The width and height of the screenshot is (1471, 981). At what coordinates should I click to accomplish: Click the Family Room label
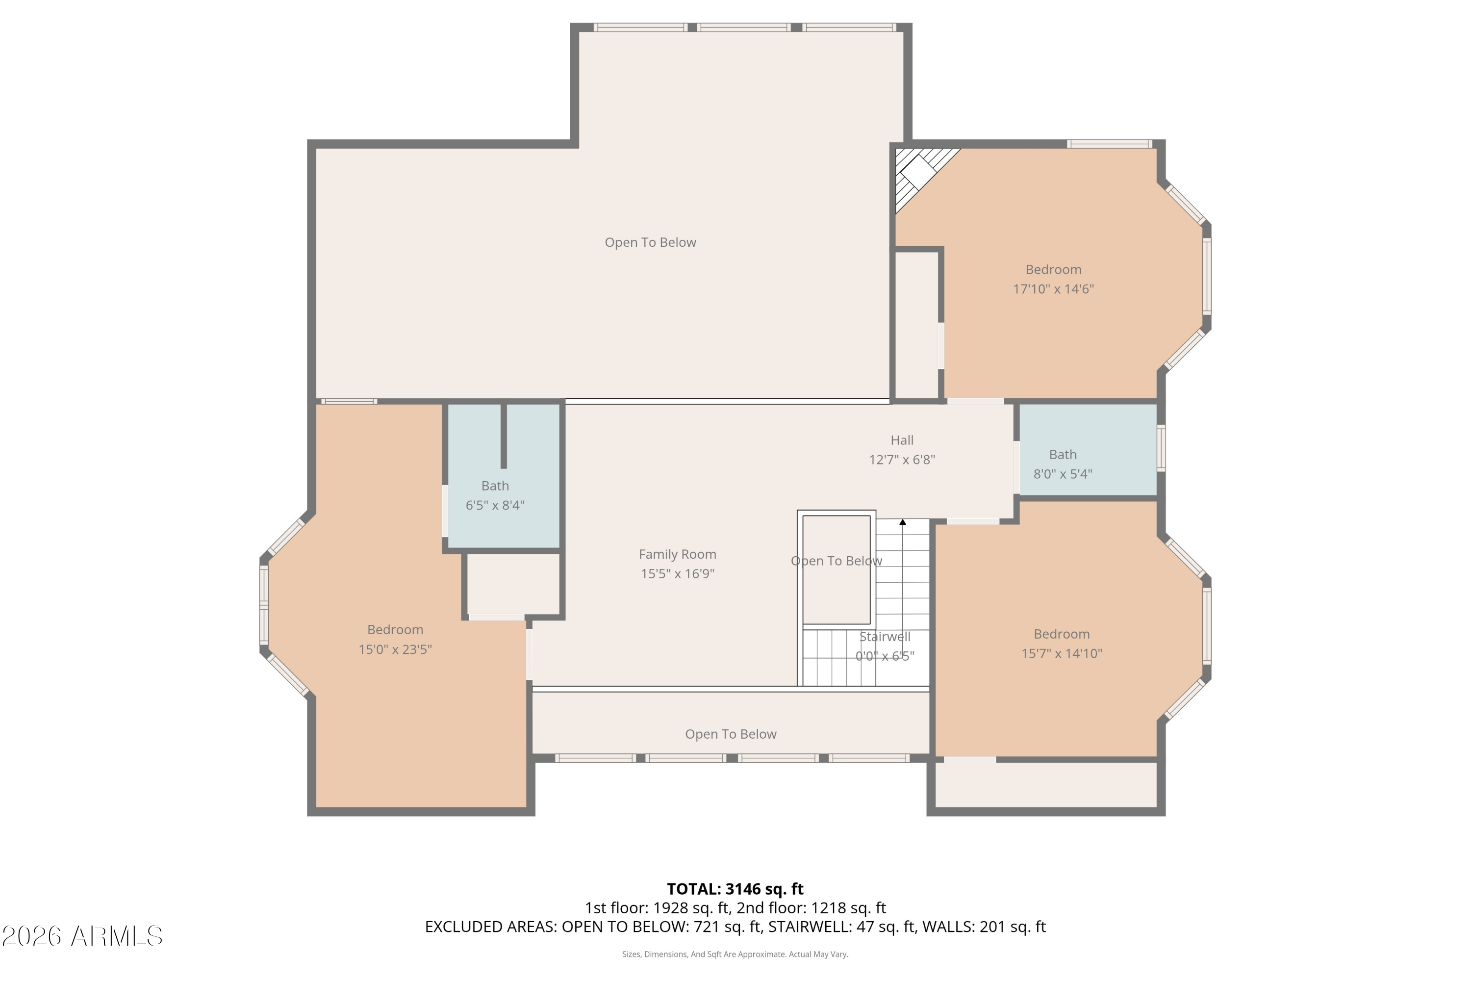[677, 554]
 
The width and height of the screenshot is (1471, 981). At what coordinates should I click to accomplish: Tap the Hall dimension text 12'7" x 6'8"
[902, 460]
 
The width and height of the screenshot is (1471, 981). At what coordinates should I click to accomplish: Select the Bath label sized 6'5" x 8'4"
[495, 486]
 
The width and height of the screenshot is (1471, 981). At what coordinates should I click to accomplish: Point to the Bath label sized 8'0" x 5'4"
[1063, 455]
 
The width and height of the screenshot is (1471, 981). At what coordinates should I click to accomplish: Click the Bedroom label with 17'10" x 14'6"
[1053, 270]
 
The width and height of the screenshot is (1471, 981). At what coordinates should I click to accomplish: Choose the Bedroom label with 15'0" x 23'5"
[395, 630]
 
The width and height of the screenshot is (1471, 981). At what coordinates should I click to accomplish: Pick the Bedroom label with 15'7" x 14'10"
[1062, 634]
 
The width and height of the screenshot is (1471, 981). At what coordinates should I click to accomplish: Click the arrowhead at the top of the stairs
[903, 522]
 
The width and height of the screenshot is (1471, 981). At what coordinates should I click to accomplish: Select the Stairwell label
[885, 637]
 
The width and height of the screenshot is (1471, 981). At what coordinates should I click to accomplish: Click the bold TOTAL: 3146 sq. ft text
[735, 889]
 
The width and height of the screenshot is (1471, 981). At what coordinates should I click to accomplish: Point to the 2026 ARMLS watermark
[82, 936]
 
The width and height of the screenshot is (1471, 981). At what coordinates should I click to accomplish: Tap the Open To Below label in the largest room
[650, 243]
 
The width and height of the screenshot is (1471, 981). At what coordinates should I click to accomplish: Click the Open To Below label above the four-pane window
[731, 734]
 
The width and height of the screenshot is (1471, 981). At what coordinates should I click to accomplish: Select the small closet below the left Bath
[513, 584]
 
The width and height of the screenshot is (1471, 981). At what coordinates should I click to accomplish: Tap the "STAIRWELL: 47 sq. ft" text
[841, 927]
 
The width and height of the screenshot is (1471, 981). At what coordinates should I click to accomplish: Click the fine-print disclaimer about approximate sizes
[735, 955]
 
